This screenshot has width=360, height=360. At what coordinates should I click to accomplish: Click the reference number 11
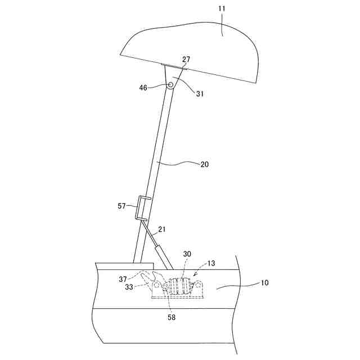pyautogui.click(x=223, y=25)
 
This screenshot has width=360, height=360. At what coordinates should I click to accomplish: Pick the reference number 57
pyautogui.click(x=122, y=206)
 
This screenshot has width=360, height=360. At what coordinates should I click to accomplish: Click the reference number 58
pyautogui.click(x=172, y=318)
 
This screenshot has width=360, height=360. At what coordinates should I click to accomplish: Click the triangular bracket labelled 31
pyautogui.click(x=174, y=75)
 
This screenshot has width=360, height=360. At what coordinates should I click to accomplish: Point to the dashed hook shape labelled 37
pyautogui.click(x=149, y=278)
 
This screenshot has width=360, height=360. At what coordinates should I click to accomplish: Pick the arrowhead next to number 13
pyautogui.click(x=196, y=273)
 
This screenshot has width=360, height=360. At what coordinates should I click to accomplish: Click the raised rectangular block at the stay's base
pyautogui.click(x=124, y=265)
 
